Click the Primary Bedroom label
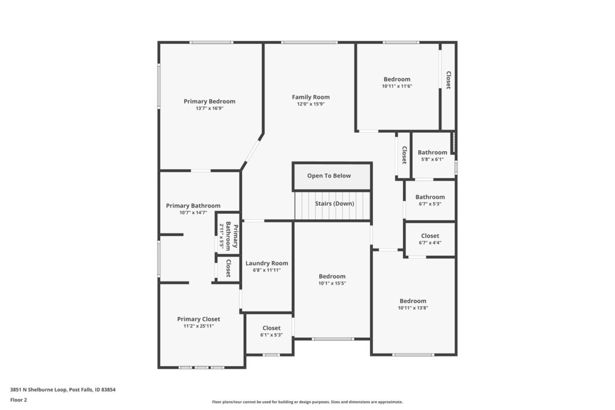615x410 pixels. tap(210, 101)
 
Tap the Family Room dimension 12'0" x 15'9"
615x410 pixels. tap(311, 104)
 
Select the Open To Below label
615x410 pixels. tap(329, 176)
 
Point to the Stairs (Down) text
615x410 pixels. tap(335, 203)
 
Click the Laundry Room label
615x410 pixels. tap(267, 264)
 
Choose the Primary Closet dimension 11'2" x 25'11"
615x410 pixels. tap(198, 326)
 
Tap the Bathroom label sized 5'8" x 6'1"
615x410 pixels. tap(432, 152)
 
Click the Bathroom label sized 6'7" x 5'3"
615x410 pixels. tap(430, 197)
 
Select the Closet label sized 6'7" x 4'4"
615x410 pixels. tap(430, 236)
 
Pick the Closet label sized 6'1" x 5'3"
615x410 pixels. tap(271, 328)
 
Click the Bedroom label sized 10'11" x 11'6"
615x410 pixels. tap(397, 79)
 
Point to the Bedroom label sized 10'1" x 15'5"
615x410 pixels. tap(332, 276)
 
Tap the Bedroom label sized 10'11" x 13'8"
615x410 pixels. tap(413, 301)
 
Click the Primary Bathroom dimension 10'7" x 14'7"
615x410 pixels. tap(193, 213)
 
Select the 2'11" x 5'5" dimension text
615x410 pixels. tap(222, 236)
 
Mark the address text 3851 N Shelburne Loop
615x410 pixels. tap(39, 390)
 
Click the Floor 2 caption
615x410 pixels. tap(19, 400)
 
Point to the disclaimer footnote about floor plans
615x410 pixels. tap(307, 402)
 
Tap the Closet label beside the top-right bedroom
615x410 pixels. tap(448, 80)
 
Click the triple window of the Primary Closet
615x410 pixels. tap(201, 367)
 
